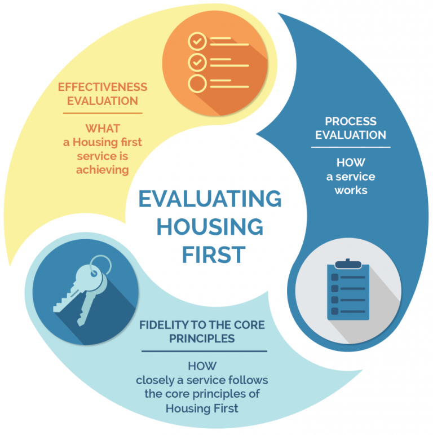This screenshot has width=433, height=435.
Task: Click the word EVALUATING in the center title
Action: (x=210, y=199)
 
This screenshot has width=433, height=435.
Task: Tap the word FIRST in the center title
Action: (x=214, y=254)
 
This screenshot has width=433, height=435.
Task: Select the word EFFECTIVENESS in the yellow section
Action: (x=103, y=87)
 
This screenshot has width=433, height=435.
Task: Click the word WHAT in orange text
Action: (x=103, y=129)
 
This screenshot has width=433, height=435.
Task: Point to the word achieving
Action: (x=103, y=170)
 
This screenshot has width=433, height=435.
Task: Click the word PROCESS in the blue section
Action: (x=351, y=121)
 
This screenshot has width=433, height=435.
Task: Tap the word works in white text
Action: (x=351, y=190)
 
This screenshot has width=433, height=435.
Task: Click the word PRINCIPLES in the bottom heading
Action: (x=202, y=339)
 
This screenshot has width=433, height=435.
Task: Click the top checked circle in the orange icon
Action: (x=197, y=41)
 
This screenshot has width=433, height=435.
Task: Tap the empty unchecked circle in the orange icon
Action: (x=197, y=84)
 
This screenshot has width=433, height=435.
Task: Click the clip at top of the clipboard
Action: (x=348, y=263)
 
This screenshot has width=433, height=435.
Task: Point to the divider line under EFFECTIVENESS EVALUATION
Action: (x=103, y=113)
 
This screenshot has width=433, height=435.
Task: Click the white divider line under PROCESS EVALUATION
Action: (x=351, y=147)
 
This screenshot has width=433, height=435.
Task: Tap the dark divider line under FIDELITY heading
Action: (x=204, y=351)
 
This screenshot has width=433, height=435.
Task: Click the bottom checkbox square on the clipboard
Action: (x=335, y=311)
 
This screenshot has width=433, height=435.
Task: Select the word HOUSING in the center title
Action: (x=210, y=227)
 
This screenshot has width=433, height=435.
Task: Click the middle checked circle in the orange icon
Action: (x=197, y=63)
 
